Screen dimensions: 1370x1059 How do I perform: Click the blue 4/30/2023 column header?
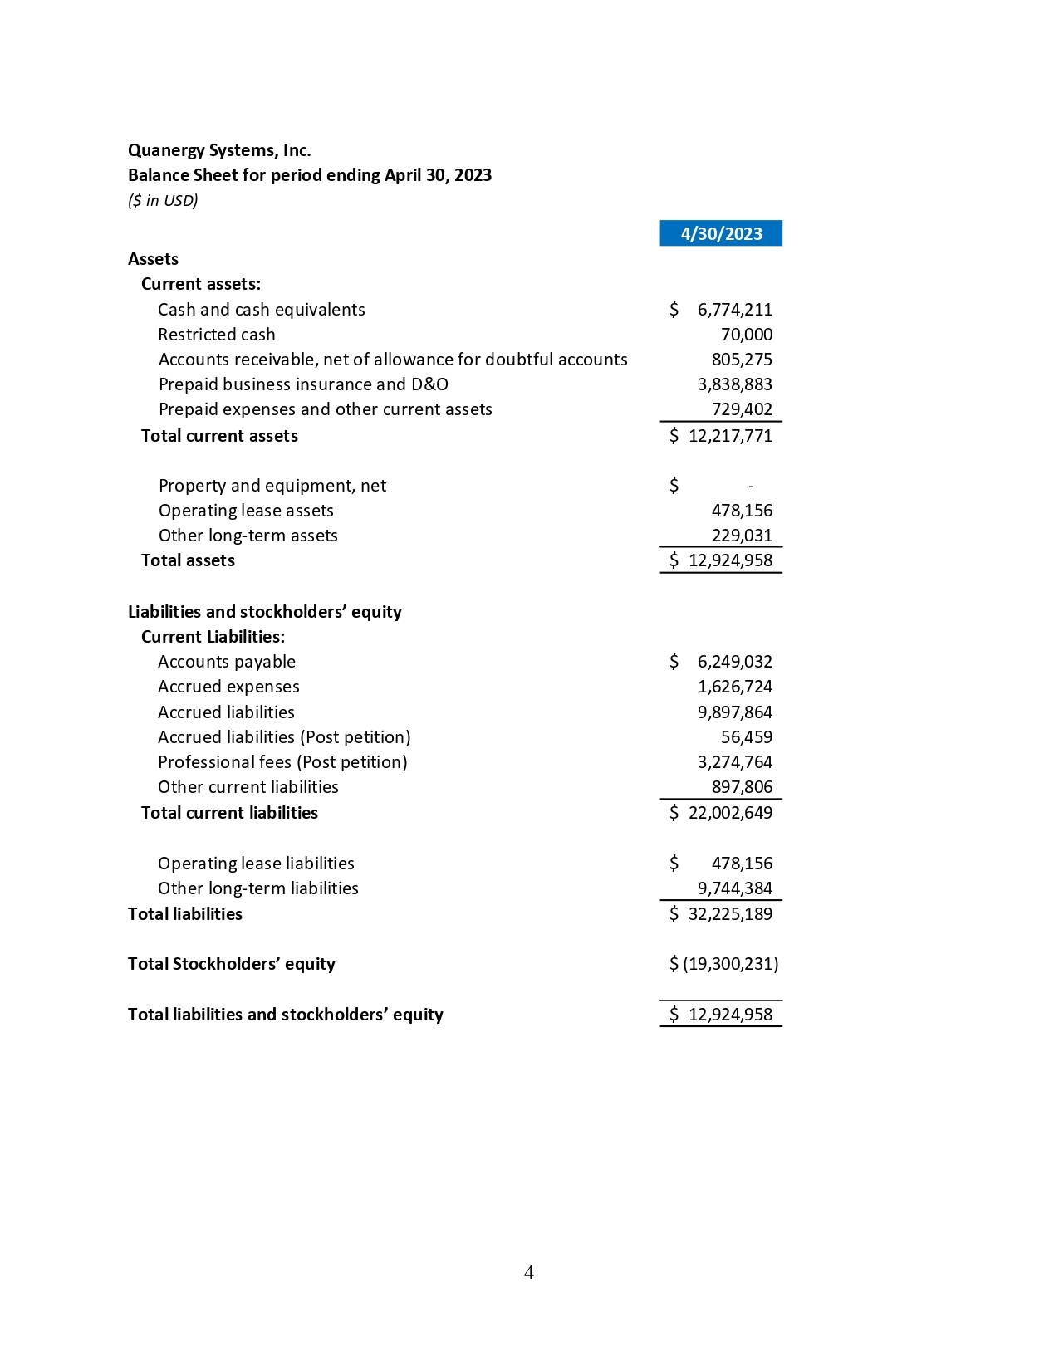point(720,234)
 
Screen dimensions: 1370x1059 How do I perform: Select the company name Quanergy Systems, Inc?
point(219,150)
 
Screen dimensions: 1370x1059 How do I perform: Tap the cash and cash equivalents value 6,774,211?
point(734,310)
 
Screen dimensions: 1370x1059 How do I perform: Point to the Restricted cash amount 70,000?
point(746,335)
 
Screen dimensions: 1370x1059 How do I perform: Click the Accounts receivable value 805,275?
point(741,360)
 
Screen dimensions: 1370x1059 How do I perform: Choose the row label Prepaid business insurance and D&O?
point(303,384)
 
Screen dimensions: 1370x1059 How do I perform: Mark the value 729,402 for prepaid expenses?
point(741,409)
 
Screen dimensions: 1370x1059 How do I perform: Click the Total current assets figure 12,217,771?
point(730,436)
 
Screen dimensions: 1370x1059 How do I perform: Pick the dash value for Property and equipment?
point(751,487)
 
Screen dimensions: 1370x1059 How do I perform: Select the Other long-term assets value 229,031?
point(741,536)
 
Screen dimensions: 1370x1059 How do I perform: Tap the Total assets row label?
point(188,560)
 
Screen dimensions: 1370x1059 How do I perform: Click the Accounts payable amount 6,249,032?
point(734,662)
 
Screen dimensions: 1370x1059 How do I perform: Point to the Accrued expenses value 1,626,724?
point(734,687)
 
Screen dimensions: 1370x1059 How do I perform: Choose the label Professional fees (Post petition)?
point(282,762)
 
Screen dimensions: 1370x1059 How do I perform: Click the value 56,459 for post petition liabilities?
point(746,737)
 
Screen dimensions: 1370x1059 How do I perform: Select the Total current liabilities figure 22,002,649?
point(730,813)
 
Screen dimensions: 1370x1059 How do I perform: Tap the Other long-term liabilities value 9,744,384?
point(734,888)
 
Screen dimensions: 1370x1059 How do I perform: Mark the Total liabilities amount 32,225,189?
point(730,914)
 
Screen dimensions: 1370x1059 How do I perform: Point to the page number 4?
point(529,1273)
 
